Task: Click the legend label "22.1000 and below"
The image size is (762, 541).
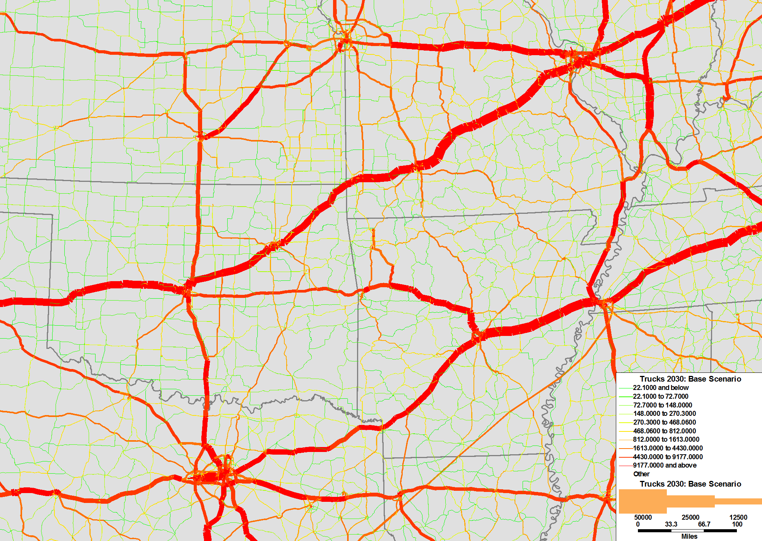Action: pos(660,388)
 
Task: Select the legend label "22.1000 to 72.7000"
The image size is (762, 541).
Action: pos(660,396)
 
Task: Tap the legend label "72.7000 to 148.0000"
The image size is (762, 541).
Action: pos(662,405)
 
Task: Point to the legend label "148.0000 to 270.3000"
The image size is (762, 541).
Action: pos(664,414)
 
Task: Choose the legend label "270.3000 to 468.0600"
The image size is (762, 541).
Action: pos(664,422)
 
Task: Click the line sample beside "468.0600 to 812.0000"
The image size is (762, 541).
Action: pos(626,431)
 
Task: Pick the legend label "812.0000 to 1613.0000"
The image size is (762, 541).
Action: pos(666,439)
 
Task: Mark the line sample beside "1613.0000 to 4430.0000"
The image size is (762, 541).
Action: pos(626,448)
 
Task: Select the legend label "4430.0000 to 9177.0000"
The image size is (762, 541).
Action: pos(668,457)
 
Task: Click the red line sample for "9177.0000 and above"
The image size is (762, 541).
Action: pos(626,466)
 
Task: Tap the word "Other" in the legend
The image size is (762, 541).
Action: pos(641,474)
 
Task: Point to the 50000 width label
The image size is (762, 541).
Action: pos(643,517)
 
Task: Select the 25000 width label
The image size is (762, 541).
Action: pos(690,517)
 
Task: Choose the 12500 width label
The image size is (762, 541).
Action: pos(738,517)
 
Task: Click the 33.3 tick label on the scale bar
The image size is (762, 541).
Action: pos(671,524)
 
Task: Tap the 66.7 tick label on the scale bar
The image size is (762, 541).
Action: pos(704,524)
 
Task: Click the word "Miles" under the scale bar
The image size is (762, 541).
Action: pos(689,536)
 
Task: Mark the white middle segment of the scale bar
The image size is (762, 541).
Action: pos(687,530)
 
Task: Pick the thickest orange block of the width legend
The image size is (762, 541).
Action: pos(642,501)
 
